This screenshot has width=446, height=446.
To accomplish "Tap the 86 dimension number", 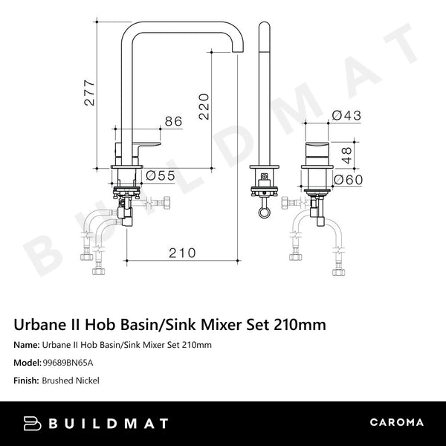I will [172, 120].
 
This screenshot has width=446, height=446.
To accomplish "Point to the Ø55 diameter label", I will [160, 176].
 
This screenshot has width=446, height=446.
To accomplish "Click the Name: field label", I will [28, 345].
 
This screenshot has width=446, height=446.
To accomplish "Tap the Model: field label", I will [29, 363].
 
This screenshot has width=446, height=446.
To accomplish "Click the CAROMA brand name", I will [397, 423].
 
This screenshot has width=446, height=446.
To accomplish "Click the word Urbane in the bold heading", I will [42, 325].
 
